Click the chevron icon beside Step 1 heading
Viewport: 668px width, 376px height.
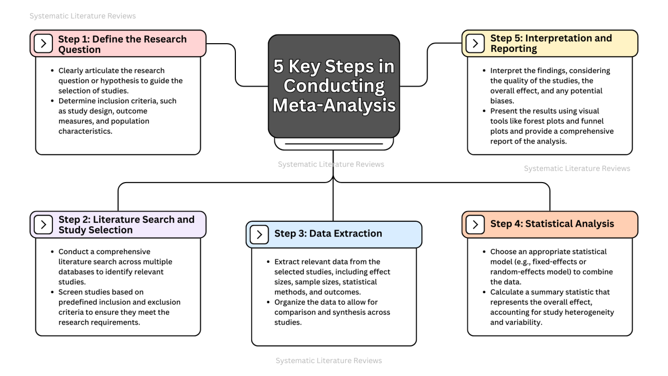pyautogui.click(x=44, y=44)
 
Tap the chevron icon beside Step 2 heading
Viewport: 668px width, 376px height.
pyautogui.click(x=44, y=225)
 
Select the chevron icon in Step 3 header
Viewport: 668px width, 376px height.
pyautogui.click(x=259, y=235)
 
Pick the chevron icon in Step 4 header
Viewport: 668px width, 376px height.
pyautogui.click(x=475, y=224)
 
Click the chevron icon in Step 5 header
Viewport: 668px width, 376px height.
pyautogui.click(x=475, y=44)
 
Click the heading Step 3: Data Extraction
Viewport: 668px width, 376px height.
pyautogui.click(x=328, y=234)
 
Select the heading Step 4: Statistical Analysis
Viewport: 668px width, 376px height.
pyautogui.click(x=552, y=224)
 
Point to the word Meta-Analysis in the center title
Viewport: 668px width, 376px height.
pyautogui.click(x=334, y=105)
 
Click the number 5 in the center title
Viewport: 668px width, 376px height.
pyautogui.click(x=278, y=66)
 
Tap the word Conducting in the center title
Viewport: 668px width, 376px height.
pyautogui.click(x=334, y=85)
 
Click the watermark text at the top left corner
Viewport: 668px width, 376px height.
pyautogui.click(x=83, y=16)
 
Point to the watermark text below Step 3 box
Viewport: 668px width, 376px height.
pyautogui.click(x=329, y=361)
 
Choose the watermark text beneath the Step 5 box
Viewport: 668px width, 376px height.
pyautogui.click(x=577, y=168)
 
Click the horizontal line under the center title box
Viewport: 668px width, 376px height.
pyautogui.click(x=333, y=144)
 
